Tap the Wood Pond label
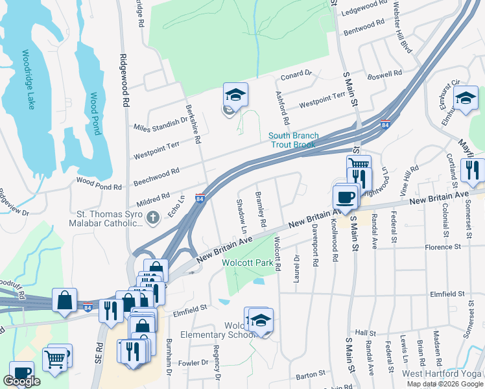(x=95, y=113)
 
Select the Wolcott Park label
(x=248, y=263)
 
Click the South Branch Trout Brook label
(x=294, y=140)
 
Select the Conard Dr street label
(x=296, y=76)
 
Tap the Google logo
(x=22, y=381)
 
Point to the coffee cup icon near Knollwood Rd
(x=345, y=196)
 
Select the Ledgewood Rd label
(x=364, y=8)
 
